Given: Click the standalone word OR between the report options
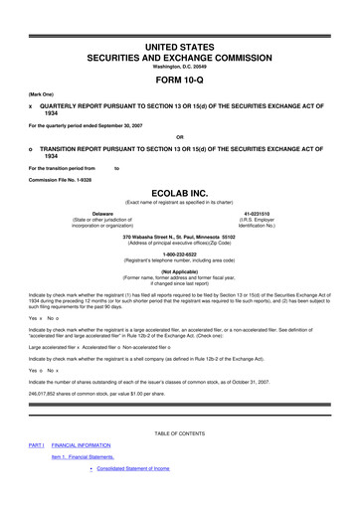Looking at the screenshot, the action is click(179, 136).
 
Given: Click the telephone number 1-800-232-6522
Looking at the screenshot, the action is click(179, 253).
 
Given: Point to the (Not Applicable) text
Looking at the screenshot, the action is click(179, 269).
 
